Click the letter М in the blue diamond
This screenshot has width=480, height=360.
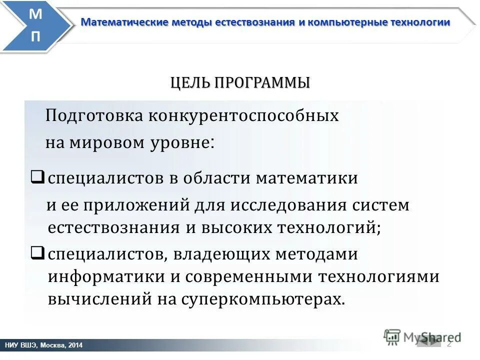click(36, 14)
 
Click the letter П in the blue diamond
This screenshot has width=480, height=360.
click(36, 37)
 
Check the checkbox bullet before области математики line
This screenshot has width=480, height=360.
click(38, 176)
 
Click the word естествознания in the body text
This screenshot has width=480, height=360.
click(114, 227)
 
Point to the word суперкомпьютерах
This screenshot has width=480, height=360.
click(263, 299)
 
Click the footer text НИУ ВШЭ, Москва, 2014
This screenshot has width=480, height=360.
click(43, 345)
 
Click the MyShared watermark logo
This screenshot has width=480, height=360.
click(422, 336)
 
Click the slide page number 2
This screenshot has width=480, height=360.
click(448, 344)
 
